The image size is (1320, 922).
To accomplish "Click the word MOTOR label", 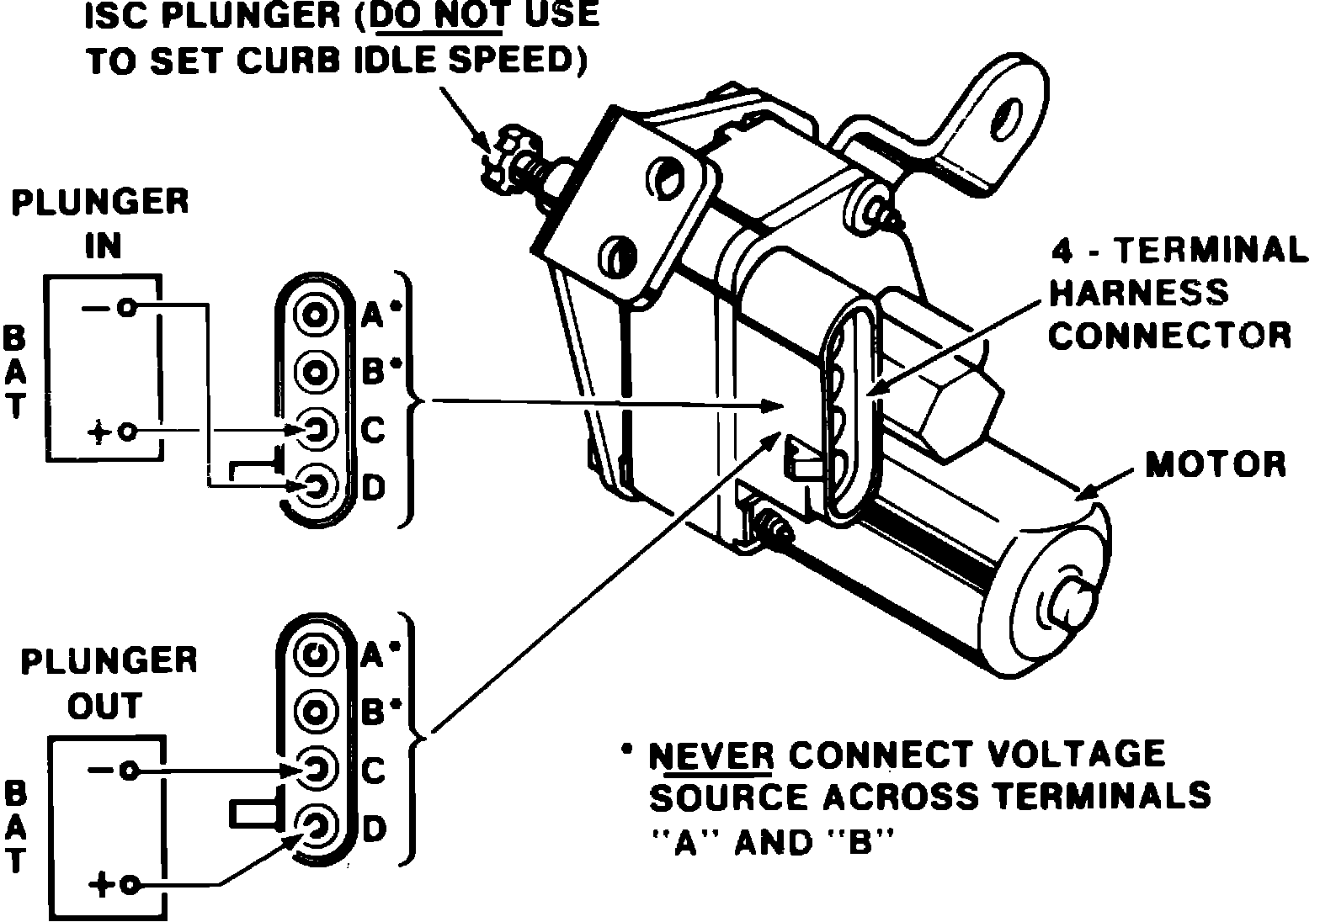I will click(x=1216, y=465).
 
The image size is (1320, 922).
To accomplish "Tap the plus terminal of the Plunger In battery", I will click(x=127, y=432).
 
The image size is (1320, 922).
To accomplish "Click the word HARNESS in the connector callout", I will click(x=1138, y=293).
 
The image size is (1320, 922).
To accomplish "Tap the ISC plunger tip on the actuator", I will click(x=503, y=156).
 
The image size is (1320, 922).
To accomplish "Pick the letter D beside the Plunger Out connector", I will click(x=373, y=830).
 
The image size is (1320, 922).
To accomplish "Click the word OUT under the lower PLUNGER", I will click(x=104, y=705).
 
